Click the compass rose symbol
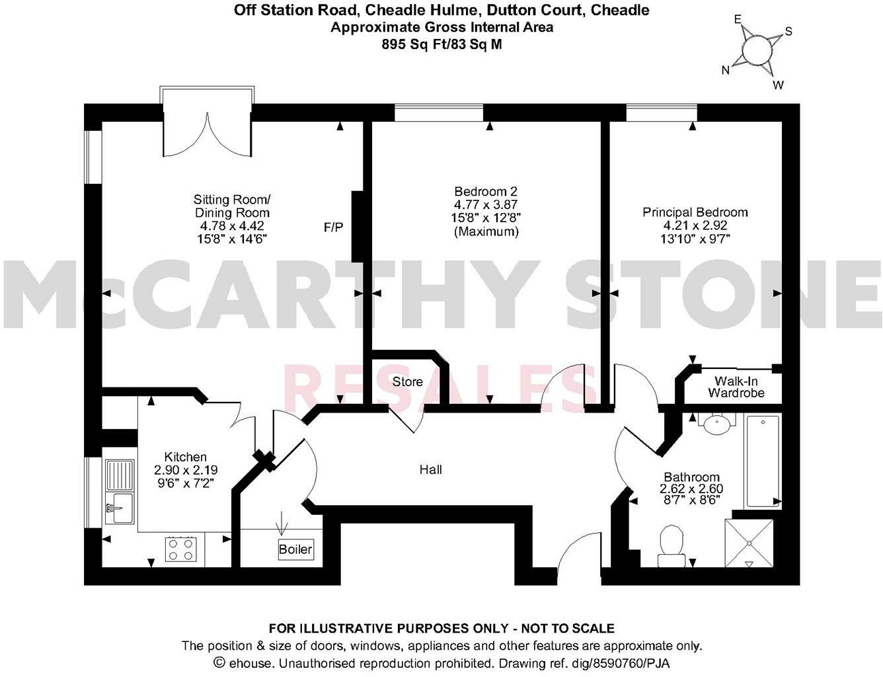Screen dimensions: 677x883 757,50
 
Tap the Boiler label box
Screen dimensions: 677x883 295,549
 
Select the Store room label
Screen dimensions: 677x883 407,381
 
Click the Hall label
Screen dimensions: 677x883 430,469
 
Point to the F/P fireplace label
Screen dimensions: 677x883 333,227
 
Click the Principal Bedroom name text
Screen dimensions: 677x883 695,212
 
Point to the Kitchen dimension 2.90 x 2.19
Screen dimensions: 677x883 186,470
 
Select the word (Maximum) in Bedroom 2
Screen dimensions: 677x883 485,232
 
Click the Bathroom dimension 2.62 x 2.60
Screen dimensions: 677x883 691,489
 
